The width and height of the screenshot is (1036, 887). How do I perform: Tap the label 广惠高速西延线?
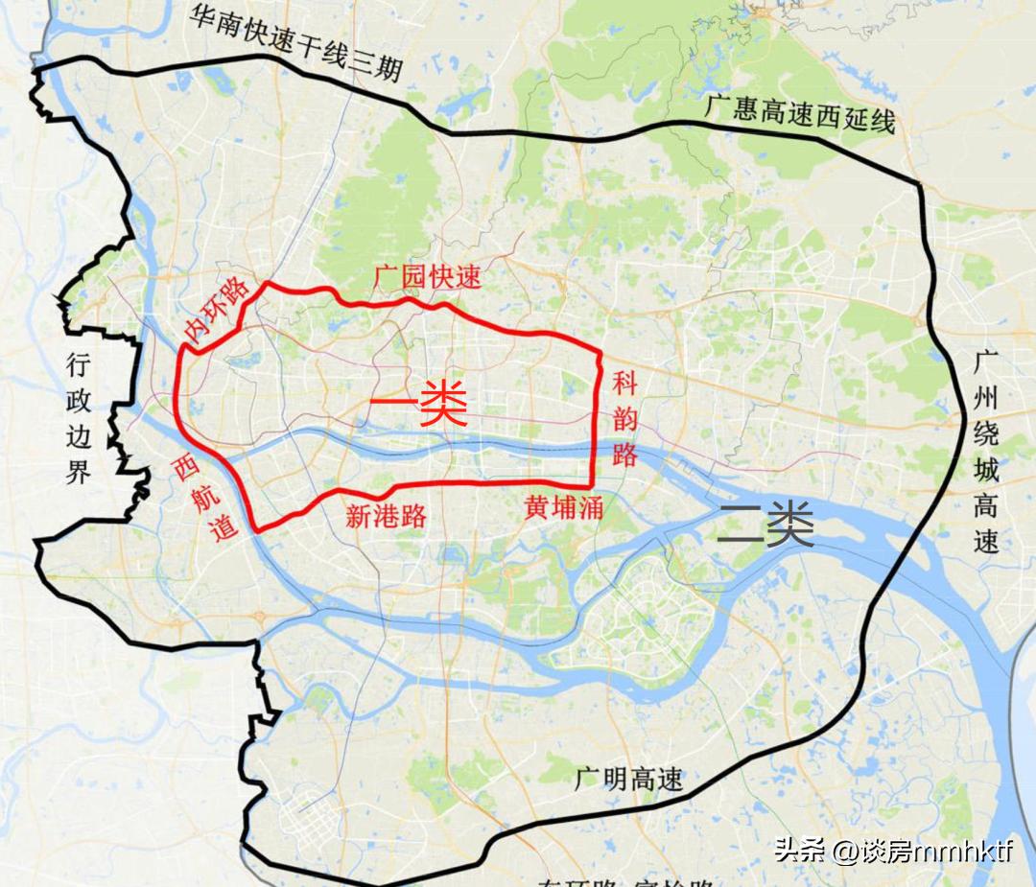(x=799, y=113)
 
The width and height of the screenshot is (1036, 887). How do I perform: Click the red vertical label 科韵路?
(x=625, y=420)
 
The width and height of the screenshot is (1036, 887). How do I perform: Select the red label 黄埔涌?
(x=563, y=507)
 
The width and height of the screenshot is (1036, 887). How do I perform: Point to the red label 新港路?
(x=386, y=517)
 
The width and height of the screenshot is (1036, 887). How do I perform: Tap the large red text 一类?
(x=418, y=406)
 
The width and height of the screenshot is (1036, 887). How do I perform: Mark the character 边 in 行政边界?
(x=78, y=435)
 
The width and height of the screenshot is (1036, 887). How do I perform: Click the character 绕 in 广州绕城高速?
(x=985, y=434)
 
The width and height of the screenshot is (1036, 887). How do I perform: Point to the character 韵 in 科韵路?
(x=625, y=420)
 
